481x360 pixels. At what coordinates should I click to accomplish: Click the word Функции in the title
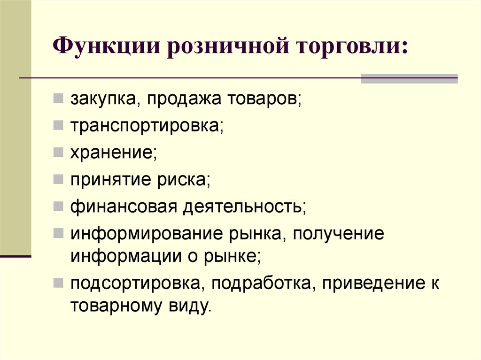107,46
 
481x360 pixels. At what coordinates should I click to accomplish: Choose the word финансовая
124,207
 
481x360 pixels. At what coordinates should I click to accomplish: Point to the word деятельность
243,207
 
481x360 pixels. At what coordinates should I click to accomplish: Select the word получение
338,234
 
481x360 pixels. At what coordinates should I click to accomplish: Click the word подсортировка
135,283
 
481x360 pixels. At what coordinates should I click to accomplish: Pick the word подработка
261,283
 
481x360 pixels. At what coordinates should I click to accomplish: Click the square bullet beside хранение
58,152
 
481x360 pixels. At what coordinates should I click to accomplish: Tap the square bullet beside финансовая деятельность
58,206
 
